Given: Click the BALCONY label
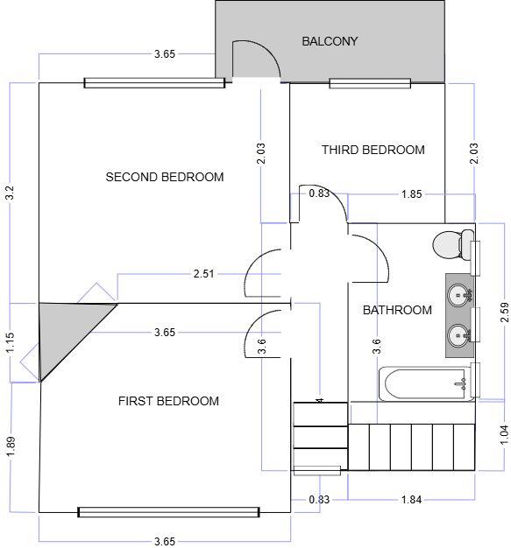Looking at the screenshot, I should (330, 41).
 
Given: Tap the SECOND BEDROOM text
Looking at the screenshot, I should (165, 177).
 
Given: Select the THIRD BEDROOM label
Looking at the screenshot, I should (373, 150).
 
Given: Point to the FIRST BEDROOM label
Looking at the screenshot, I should (168, 401).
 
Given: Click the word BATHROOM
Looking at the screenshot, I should (397, 310).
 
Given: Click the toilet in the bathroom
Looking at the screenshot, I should (450, 244).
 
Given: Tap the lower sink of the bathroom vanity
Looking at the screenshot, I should (459, 334).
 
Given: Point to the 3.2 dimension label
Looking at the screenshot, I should (11, 193).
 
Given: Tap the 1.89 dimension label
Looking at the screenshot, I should (11, 445).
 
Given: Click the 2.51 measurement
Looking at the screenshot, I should (203, 275).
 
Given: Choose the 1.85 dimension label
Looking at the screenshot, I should (412, 193).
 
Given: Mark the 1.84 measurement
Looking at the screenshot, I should (410, 499).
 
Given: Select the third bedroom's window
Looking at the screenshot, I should (370, 83).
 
